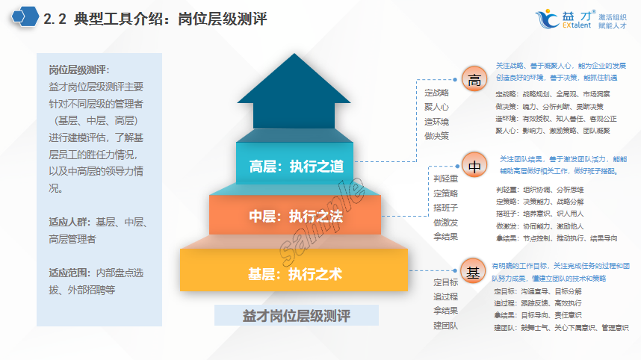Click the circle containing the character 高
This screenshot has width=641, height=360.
(x=474, y=81)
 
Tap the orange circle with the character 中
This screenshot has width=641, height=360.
(x=474, y=166)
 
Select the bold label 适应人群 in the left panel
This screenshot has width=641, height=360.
(x=69, y=222)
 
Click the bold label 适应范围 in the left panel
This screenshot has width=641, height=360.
(x=69, y=272)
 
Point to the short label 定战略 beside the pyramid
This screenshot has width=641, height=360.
(x=436, y=93)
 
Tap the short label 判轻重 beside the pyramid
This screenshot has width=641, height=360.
(x=445, y=179)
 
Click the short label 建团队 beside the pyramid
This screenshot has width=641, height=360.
(x=445, y=325)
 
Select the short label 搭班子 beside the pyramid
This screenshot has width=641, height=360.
(x=445, y=208)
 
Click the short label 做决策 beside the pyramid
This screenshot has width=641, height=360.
(x=436, y=136)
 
